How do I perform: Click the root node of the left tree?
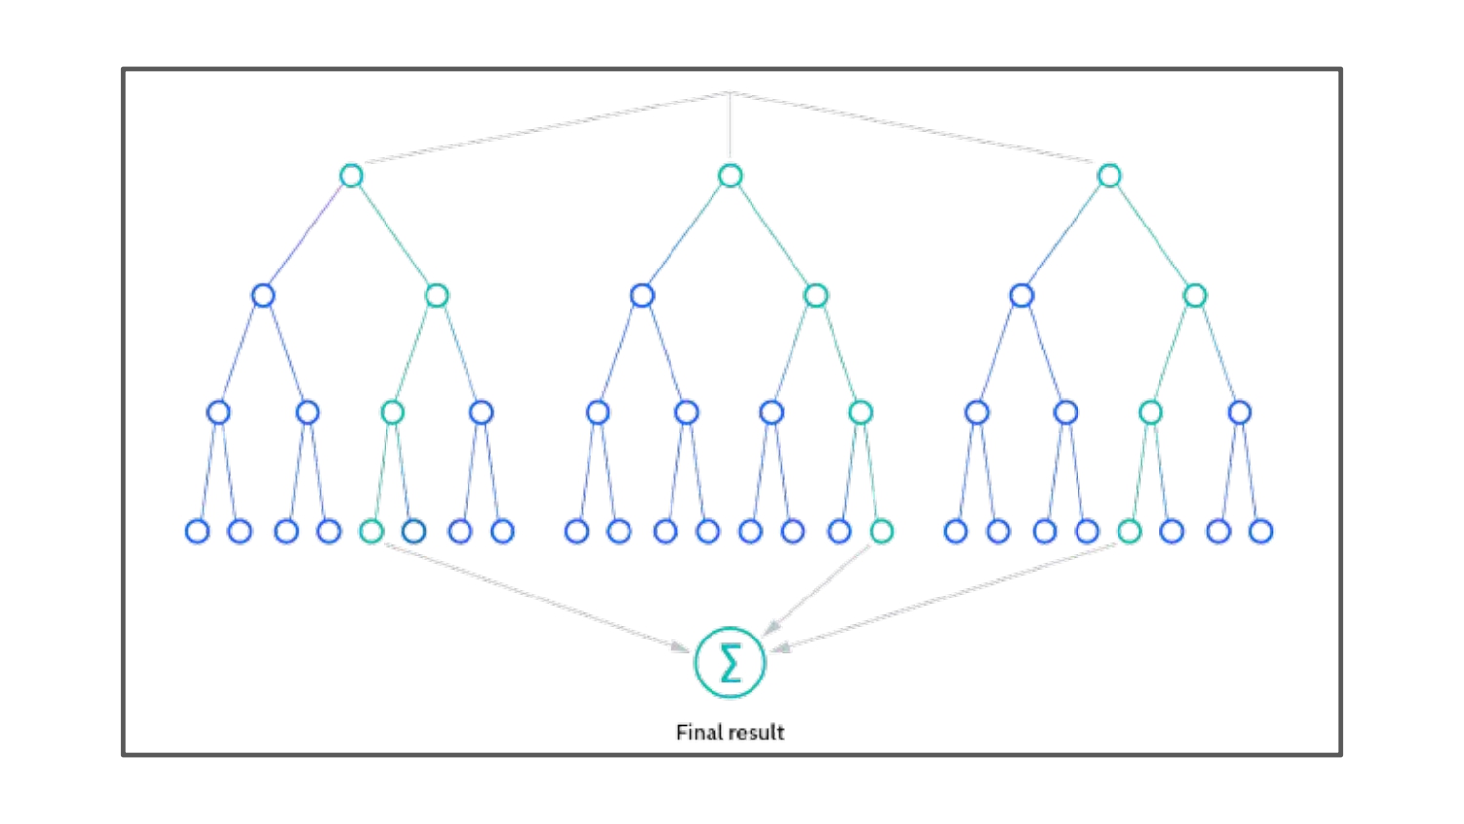(351, 176)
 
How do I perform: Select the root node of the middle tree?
(730, 176)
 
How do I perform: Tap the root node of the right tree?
(1109, 176)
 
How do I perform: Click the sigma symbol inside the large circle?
(730, 663)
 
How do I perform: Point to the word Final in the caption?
(698, 732)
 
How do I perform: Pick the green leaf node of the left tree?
(371, 531)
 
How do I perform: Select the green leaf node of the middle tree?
(881, 531)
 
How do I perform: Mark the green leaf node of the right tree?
(1129, 531)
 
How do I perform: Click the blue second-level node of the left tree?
(263, 295)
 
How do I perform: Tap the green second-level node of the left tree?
(436, 295)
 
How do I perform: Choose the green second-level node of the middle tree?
(815, 295)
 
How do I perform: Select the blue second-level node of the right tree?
(1021, 295)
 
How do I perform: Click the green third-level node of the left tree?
(392, 412)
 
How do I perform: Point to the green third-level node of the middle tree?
(860, 412)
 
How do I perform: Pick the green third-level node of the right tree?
(1151, 412)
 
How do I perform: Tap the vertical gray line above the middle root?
(730, 127)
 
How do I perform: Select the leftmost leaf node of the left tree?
(197, 531)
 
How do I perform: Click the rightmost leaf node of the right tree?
(1261, 531)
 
